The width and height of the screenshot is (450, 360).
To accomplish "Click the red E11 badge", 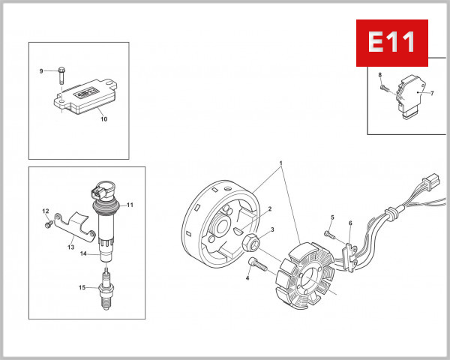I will (x=391, y=42).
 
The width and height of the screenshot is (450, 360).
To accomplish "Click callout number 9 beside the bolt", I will (x=42, y=71).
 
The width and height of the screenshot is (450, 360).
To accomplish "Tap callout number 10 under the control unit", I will (x=103, y=119).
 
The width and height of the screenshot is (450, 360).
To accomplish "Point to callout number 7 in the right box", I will (x=431, y=93).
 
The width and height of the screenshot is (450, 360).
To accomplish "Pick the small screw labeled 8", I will (x=384, y=88).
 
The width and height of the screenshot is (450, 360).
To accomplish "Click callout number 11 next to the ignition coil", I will (x=129, y=205).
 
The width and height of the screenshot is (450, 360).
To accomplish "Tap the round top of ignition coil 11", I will (x=103, y=187).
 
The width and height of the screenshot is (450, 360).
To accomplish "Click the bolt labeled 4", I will (x=256, y=265).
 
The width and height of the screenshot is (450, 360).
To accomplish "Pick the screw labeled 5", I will (x=327, y=233).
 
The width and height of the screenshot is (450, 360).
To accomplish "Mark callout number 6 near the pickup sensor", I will (x=350, y=223).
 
